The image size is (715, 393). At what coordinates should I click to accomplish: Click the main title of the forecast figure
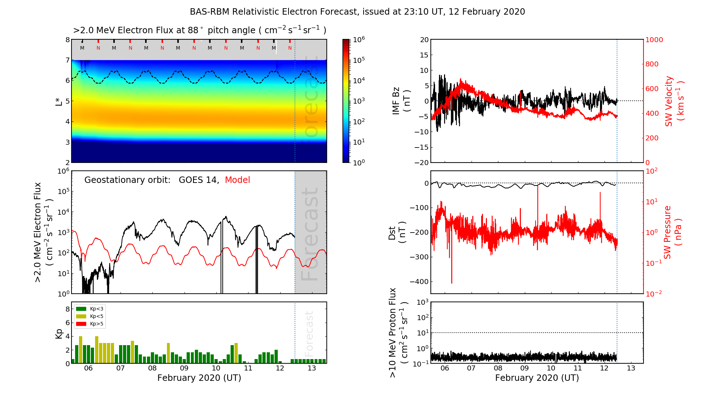point(357,12)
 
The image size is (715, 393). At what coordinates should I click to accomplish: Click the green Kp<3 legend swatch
point(81,309)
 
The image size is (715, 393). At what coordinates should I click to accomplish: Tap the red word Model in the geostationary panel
point(237,180)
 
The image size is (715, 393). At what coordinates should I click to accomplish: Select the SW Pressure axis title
point(672,232)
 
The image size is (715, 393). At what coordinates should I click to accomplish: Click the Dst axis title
point(397,233)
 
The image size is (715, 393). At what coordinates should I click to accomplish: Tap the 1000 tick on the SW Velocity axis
point(654,40)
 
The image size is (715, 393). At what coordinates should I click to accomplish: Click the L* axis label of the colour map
point(59,101)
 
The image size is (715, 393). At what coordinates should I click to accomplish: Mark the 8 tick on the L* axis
point(67,40)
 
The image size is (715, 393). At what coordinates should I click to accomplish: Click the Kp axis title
point(59,333)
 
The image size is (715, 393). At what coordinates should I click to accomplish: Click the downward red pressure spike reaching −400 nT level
point(452,275)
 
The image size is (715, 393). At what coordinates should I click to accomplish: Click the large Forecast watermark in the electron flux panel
point(310,234)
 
